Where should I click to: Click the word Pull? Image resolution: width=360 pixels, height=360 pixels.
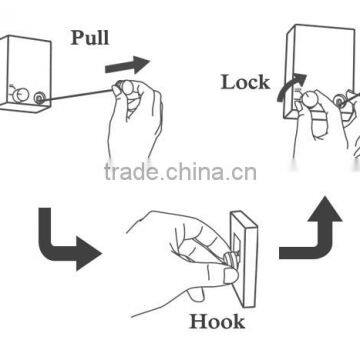coord(91,40)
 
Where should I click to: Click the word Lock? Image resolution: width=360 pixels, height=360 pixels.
coord(246,81)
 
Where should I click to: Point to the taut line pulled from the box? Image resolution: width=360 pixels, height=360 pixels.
coord(80,94)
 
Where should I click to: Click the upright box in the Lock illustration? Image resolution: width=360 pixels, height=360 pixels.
coord(320,60)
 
